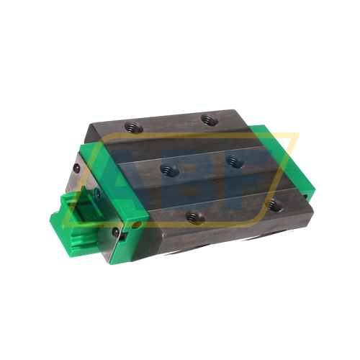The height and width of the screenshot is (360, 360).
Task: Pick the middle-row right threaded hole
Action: pos(232,161)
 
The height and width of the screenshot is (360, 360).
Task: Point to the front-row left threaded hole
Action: pos(193,215)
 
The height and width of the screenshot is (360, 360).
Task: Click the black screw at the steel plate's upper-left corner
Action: pos(77,169)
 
